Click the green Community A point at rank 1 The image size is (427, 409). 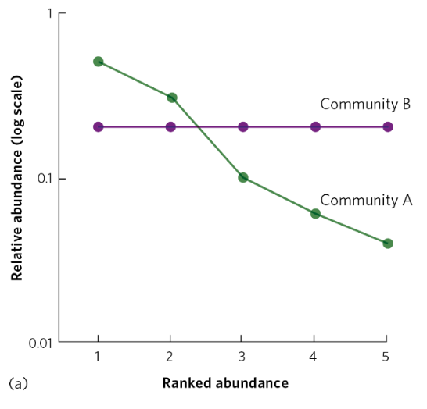point(99,62)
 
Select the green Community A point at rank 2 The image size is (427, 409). point(171,98)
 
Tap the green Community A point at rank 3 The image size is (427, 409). point(243,178)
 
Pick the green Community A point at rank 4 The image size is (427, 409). point(315,214)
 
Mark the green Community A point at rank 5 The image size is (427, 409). point(387,244)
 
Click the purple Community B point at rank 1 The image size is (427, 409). point(99,126)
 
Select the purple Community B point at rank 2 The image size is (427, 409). point(171,126)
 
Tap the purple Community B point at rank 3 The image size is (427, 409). point(243,126)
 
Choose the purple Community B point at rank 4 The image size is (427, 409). point(315,126)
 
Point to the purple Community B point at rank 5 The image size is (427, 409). point(387,126)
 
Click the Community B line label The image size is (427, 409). point(365,105)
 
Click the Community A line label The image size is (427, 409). point(365,200)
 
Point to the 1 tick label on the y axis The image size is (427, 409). point(49,14)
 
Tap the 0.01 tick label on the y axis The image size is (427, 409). point(40,343)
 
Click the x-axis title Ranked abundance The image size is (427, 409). point(225,383)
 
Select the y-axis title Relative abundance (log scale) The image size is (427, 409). point(16,179)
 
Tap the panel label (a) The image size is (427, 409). point(16,384)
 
